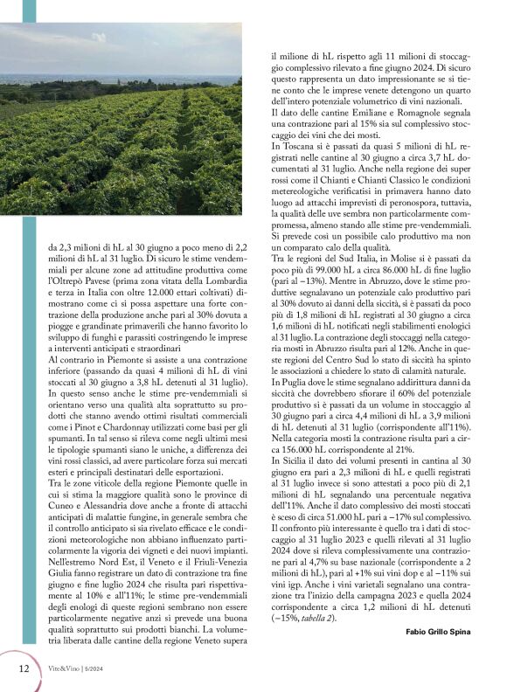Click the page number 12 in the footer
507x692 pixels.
(x=24, y=668)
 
